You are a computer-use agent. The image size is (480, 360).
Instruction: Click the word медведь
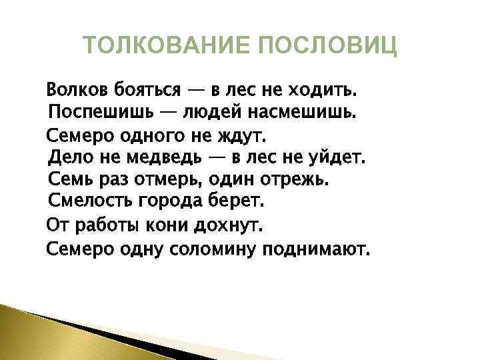177,158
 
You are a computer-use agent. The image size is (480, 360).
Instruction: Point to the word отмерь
169,181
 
